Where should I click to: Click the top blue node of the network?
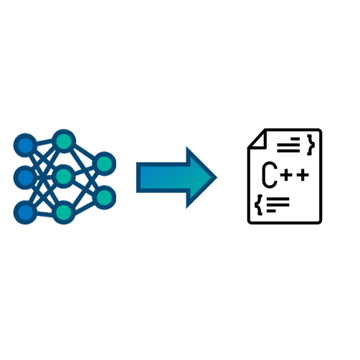25,145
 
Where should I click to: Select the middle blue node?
25,177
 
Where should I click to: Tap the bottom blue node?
25,212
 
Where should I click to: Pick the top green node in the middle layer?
64,141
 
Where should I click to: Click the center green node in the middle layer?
64,176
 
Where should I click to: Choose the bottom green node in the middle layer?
64,212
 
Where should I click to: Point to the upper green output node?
104,164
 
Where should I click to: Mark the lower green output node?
104,197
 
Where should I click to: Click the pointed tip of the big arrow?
217,178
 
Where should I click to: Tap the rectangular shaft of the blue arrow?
164,177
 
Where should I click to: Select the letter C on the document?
270,175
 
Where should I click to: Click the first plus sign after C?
287,175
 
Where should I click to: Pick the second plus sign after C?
303,175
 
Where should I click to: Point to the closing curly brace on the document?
311,145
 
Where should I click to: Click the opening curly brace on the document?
258,205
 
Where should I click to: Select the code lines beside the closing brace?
288,145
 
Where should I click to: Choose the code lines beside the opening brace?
278,205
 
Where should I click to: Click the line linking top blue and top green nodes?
44,143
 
